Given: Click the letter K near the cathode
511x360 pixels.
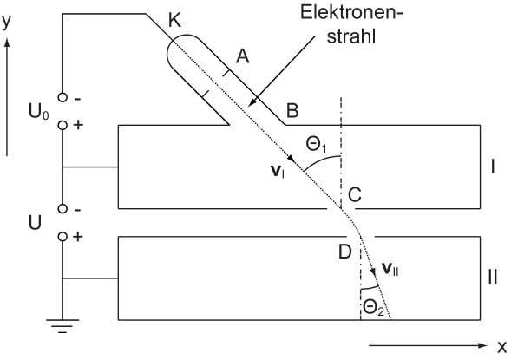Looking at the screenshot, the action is click(x=175, y=21).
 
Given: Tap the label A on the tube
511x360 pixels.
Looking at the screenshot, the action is click(x=242, y=56).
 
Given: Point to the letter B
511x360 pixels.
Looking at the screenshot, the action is click(x=292, y=110).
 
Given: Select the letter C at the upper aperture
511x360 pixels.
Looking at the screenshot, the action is click(x=355, y=195).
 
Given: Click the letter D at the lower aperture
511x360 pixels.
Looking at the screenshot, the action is click(x=345, y=252).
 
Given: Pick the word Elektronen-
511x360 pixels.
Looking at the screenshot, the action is click(x=351, y=13).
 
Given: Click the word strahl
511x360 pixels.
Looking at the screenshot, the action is click(x=351, y=36).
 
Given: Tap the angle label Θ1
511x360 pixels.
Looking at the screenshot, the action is click(x=316, y=144).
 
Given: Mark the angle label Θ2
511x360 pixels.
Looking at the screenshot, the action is click(x=373, y=308).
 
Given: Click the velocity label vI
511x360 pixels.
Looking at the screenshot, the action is click(x=278, y=172).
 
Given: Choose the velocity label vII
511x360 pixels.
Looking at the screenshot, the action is click(x=390, y=270).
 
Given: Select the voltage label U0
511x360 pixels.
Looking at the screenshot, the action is click(x=39, y=112).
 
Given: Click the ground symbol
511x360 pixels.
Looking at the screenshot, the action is click(x=62, y=326).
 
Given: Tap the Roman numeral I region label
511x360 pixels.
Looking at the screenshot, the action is click(x=493, y=167).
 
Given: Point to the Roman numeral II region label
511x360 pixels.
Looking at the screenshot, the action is click(x=493, y=278).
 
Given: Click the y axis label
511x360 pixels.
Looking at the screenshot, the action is click(x=7, y=22).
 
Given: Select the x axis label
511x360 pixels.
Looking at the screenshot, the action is click(x=502, y=347).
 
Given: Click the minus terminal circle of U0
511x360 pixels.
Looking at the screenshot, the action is click(x=62, y=97).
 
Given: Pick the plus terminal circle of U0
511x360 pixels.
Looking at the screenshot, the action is click(x=62, y=125).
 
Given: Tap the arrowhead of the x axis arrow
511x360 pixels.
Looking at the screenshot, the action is click(x=483, y=345).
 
